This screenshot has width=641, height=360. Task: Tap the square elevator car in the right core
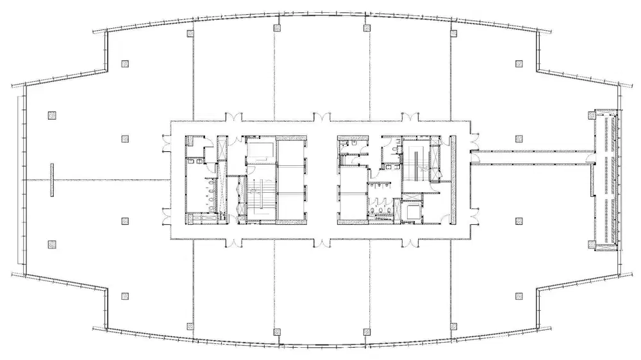coord(412,211)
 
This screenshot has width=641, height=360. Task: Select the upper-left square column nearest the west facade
coord(52,116)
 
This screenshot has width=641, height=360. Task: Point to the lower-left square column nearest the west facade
coord(52,243)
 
